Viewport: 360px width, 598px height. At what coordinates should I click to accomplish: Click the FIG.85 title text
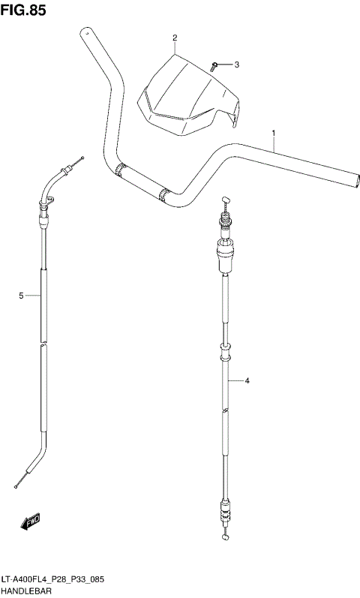pos(23,11)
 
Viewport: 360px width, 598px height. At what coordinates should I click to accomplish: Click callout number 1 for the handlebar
pos(274,133)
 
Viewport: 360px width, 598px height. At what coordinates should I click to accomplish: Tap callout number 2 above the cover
pos(175,38)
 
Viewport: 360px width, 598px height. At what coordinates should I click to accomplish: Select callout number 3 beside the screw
pos(236,65)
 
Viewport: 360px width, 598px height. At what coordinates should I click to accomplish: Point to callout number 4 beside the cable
pos(247,380)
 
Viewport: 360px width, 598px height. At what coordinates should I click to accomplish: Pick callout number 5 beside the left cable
pos(21,296)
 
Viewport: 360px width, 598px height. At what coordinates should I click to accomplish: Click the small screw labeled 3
pos(214,66)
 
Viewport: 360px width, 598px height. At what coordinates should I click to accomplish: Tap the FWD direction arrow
pos(30,521)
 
